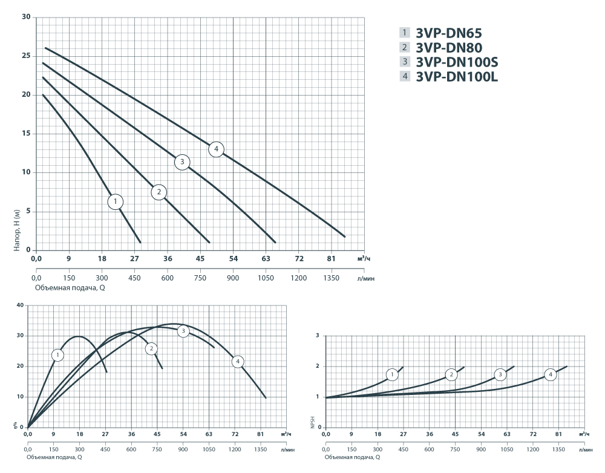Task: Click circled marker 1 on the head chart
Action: [116, 201]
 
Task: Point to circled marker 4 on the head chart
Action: [216, 149]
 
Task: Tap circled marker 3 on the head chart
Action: [182, 161]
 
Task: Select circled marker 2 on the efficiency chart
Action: [151, 348]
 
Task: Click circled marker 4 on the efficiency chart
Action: [238, 361]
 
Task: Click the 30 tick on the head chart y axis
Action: [26, 17]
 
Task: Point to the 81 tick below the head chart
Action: [331, 259]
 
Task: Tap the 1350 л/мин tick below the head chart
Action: [331, 278]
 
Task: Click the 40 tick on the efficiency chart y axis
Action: [20, 305]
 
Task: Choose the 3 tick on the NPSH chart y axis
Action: [316, 336]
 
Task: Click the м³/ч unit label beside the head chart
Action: [362, 259]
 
